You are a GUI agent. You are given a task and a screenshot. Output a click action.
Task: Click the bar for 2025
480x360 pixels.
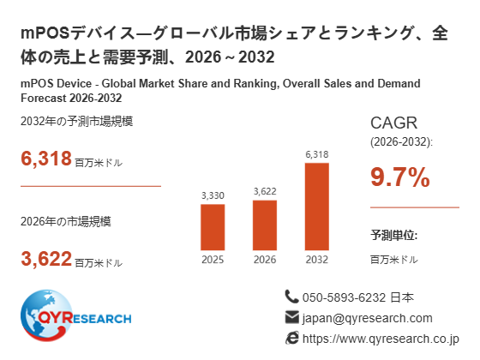[x=213, y=227]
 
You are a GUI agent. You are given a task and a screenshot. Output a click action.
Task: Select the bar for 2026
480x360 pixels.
[x=265, y=225]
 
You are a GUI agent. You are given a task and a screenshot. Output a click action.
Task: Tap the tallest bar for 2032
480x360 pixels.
[x=317, y=207]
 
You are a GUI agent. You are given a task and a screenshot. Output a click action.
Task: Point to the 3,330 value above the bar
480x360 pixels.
[x=213, y=195]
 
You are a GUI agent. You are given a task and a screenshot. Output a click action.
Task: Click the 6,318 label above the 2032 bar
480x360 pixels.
[x=317, y=154]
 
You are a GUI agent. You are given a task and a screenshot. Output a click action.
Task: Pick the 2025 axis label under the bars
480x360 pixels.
[x=213, y=260]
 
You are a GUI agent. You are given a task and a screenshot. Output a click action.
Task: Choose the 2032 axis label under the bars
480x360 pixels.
[x=317, y=260]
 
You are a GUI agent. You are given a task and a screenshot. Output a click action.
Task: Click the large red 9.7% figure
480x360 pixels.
[x=400, y=177]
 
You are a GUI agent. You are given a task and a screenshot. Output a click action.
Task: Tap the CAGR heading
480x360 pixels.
[x=393, y=123]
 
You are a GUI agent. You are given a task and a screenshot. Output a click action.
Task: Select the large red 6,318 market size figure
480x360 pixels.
[x=46, y=159]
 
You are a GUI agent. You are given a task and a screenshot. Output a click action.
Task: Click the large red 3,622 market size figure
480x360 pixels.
[x=46, y=259]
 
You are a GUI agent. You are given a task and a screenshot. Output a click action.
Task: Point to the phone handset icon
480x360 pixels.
[x=291, y=297]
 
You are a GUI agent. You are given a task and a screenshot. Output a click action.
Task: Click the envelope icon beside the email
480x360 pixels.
[x=291, y=317]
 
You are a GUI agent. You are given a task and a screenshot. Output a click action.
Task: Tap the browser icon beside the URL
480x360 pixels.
[x=291, y=338]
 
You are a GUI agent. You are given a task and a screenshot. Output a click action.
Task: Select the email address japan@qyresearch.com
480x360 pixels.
[x=368, y=318]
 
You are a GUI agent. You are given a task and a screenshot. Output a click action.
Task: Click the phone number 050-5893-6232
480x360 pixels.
[x=344, y=297]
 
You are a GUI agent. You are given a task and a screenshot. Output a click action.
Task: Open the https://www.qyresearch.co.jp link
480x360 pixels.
[x=381, y=339]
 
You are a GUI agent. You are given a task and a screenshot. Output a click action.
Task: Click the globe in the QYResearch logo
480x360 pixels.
[x=46, y=315]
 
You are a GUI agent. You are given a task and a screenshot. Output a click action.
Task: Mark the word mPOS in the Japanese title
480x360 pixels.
[x=45, y=33]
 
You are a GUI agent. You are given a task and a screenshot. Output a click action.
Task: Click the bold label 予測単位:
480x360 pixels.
[x=394, y=235]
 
